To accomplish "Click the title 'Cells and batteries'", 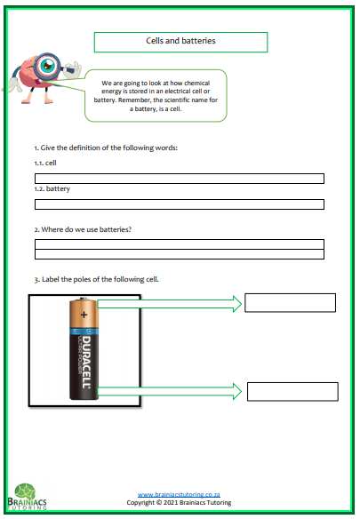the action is (180, 41).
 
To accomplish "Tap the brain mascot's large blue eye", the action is (47, 65).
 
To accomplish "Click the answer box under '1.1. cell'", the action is (179, 179).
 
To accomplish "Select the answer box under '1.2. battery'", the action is (179, 204).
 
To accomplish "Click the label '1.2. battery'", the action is (52, 189).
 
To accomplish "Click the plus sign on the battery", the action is (84, 314).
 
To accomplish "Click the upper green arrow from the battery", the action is (169, 304).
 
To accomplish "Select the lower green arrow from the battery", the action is (169, 389).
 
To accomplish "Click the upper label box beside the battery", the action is (290, 302).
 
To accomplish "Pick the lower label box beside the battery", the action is (292, 391).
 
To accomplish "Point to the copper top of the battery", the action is (87, 315).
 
